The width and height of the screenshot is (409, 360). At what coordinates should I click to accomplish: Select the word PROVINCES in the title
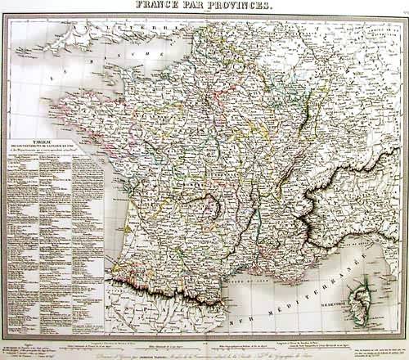click(245, 6)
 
